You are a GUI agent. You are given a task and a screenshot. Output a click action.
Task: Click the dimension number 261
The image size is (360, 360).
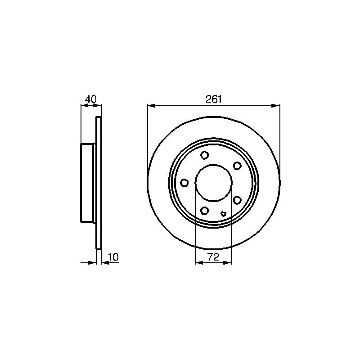click(213, 99)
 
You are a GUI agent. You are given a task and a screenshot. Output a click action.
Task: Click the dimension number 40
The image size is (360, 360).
click(91, 99)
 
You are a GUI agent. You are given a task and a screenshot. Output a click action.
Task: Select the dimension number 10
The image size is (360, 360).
click(113, 257)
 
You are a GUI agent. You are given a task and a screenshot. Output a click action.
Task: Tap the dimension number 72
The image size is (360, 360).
click(213, 257)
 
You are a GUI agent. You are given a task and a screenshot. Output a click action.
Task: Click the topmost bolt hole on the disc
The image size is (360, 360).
click(204, 155)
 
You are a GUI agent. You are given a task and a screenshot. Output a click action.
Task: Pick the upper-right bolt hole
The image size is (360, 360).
click(237, 166)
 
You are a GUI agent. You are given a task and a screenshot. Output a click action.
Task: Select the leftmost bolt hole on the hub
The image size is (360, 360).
click(184, 183)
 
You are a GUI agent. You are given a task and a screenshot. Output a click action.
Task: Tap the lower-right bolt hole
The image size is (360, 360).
click(237, 200)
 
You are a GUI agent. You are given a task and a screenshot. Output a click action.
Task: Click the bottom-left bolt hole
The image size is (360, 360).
click(204, 210)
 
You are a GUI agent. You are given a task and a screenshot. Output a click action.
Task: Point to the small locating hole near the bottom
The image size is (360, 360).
click(223, 214)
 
